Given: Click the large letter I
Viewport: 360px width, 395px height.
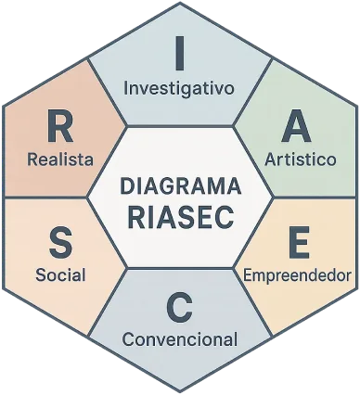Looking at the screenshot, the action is (180, 53).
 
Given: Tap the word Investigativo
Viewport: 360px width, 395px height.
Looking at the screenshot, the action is (179, 89).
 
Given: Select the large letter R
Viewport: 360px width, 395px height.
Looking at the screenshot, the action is (60, 126).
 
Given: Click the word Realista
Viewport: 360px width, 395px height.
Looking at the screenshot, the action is (60, 159).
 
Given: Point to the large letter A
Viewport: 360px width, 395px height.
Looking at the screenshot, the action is (297, 126).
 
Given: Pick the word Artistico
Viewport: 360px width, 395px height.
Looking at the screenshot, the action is (301, 159).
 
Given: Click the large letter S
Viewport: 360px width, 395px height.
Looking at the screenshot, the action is (61, 242).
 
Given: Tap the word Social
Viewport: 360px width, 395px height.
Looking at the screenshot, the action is (60, 274).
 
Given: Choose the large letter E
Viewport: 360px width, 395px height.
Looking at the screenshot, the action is (299, 242).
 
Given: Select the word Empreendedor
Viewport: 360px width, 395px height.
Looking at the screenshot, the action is (297, 275).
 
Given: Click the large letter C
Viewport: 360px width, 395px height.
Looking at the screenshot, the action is (179, 307).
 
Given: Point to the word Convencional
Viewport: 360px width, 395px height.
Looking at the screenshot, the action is (180, 339).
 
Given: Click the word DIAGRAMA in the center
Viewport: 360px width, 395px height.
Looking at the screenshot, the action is (180, 185).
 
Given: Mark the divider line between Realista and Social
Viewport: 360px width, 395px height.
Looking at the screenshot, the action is (45, 197).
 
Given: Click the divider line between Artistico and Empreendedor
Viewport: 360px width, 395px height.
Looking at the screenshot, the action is (315, 197).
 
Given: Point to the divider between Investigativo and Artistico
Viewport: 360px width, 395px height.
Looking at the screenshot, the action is (252, 93).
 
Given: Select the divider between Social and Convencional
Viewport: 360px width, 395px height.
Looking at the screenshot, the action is (108, 302).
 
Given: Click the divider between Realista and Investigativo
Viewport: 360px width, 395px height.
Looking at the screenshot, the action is (108, 92).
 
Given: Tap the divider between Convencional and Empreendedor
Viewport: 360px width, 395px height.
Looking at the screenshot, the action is (252, 302).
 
